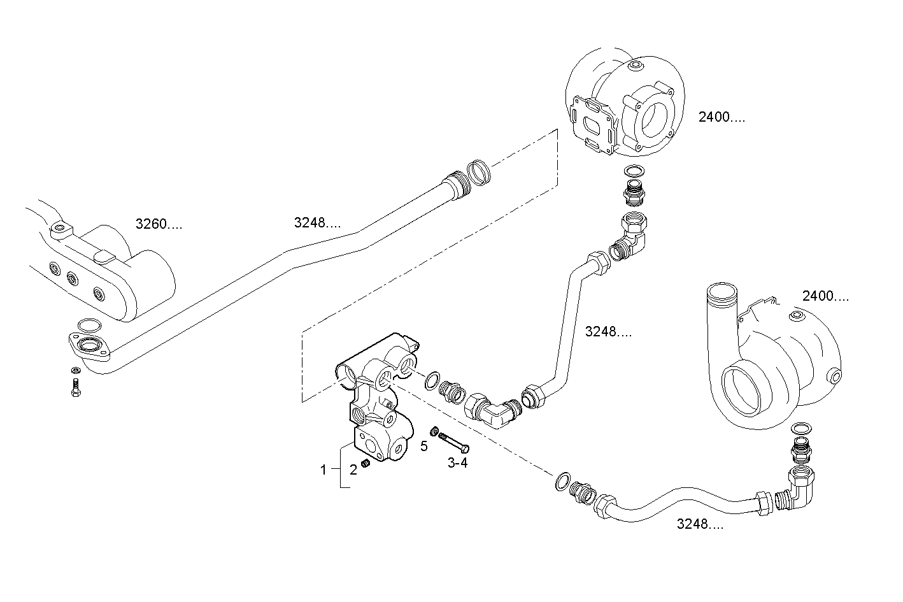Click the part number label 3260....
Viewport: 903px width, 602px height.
159,224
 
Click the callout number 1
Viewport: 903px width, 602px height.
324,470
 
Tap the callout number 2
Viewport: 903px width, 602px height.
353,470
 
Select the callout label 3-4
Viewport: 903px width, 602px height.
457,463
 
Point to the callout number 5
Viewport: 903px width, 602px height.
424,445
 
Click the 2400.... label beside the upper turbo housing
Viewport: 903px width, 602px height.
721,117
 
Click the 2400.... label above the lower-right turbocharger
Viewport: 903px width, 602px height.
825,296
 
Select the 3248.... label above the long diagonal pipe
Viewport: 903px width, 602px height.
317,223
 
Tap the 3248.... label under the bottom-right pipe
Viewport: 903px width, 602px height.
700,524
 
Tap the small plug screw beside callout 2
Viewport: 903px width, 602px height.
366,463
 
